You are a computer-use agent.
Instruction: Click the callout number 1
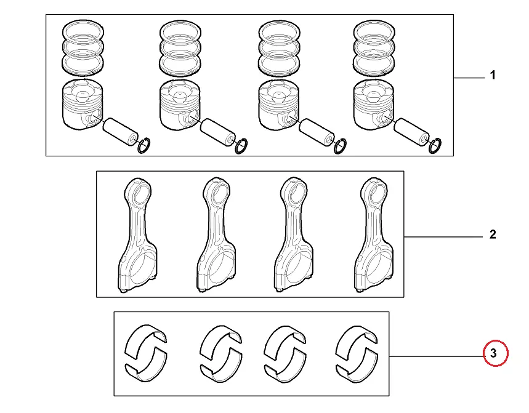(493, 76)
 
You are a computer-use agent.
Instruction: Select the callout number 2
(493, 235)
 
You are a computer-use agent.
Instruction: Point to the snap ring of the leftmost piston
(145, 146)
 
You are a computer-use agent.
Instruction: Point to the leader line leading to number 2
(443, 237)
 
